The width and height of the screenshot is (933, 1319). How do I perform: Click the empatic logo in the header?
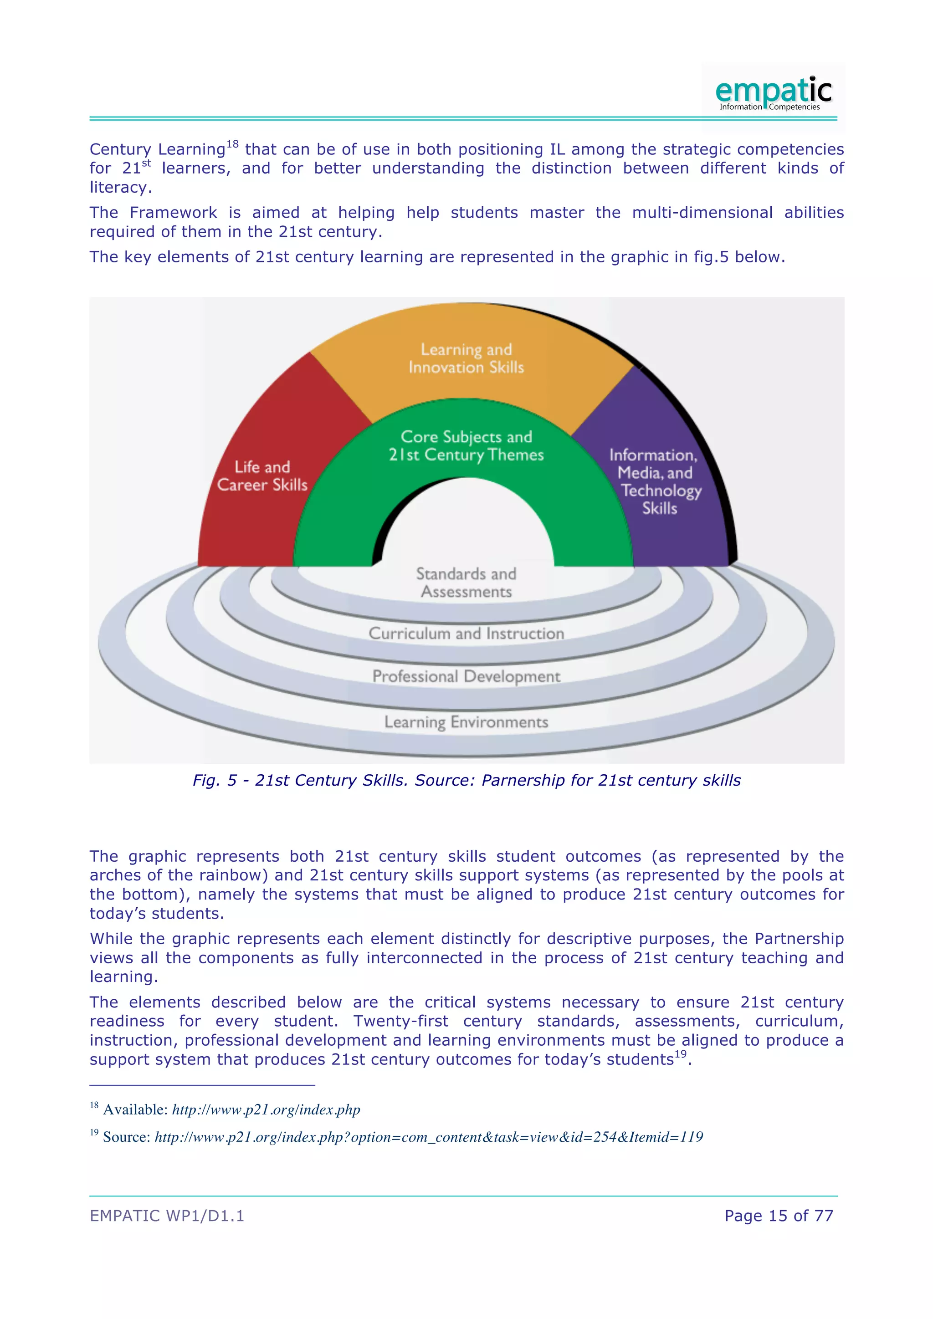tap(773, 93)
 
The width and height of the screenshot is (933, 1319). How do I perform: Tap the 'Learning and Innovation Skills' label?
tap(466, 358)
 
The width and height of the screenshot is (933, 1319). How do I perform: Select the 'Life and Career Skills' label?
tap(262, 475)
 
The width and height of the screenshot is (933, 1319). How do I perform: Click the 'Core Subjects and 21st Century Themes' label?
tap(466, 446)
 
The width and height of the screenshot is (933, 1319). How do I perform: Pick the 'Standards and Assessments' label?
tap(466, 583)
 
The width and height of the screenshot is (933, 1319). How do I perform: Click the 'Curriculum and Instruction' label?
tap(466, 634)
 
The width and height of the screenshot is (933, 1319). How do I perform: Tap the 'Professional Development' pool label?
tap(466, 676)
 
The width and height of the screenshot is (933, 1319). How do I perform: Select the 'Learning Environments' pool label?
tap(466, 722)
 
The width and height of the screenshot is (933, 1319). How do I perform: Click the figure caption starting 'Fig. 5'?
tap(466, 780)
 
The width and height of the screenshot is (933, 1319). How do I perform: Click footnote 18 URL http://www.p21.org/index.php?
tap(266, 1109)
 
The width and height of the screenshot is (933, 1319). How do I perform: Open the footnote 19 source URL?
tap(429, 1137)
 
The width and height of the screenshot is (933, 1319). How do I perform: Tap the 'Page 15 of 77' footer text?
tap(779, 1216)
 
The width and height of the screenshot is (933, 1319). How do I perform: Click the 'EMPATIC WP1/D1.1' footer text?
tap(167, 1216)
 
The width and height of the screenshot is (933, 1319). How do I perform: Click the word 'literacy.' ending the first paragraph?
tap(121, 187)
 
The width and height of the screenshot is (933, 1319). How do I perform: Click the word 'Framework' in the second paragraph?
tap(173, 213)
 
